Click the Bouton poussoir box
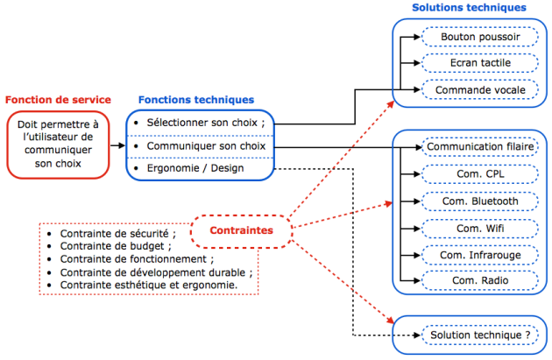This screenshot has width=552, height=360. coord(479,38)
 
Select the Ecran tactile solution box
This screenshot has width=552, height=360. coord(479,63)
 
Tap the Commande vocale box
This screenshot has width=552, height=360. coord(479,89)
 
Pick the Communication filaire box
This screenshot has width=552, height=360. coord(480,147)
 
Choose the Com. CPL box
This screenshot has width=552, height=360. coord(480,174)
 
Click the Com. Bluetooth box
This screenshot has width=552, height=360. coord(480,201)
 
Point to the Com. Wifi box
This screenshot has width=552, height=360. coord(480,228)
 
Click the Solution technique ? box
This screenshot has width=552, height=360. coord(479,335)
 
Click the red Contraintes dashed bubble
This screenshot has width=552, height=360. coord(240,230)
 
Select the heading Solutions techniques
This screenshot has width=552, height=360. coord(469,8)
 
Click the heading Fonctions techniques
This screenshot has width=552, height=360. coord(196,100)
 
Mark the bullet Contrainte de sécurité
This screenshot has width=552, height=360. coord(117,234)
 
